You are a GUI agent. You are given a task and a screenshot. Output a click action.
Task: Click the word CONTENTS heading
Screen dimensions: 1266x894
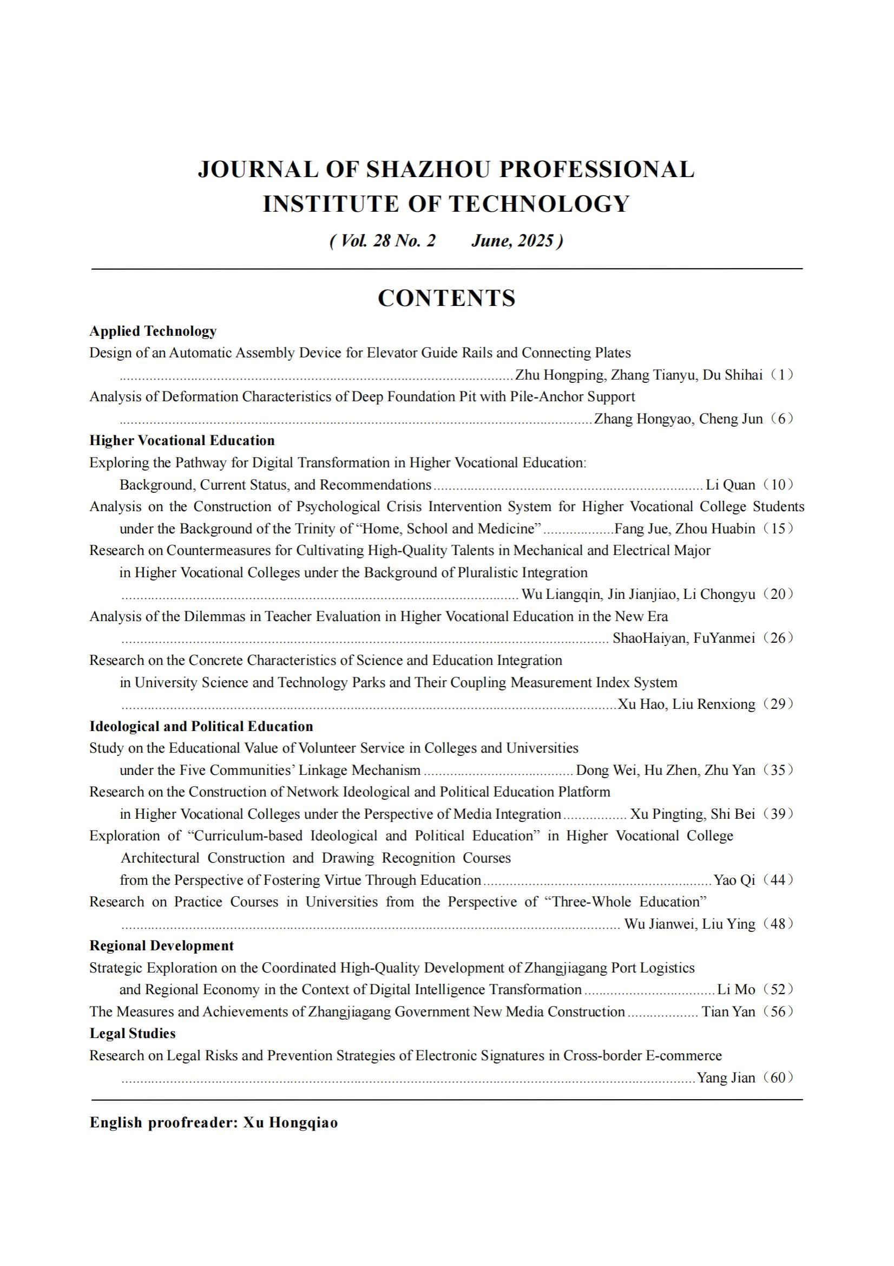(x=446, y=298)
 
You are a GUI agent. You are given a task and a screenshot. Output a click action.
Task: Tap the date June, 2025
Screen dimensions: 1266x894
(x=512, y=241)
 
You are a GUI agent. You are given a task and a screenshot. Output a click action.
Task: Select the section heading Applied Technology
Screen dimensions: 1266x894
(x=153, y=331)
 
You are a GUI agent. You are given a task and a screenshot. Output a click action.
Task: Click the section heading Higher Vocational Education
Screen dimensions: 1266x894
(x=182, y=441)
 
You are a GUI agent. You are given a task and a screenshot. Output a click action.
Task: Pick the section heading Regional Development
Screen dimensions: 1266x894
(x=161, y=945)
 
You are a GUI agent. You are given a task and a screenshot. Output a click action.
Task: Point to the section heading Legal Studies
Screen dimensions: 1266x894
(x=132, y=1033)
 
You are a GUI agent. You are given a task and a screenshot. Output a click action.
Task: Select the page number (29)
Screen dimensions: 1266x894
(x=778, y=704)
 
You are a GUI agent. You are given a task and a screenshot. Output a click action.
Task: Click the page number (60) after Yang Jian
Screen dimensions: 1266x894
(x=778, y=1078)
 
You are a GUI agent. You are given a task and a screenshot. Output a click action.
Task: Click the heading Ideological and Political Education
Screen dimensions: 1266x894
(x=201, y=726)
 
